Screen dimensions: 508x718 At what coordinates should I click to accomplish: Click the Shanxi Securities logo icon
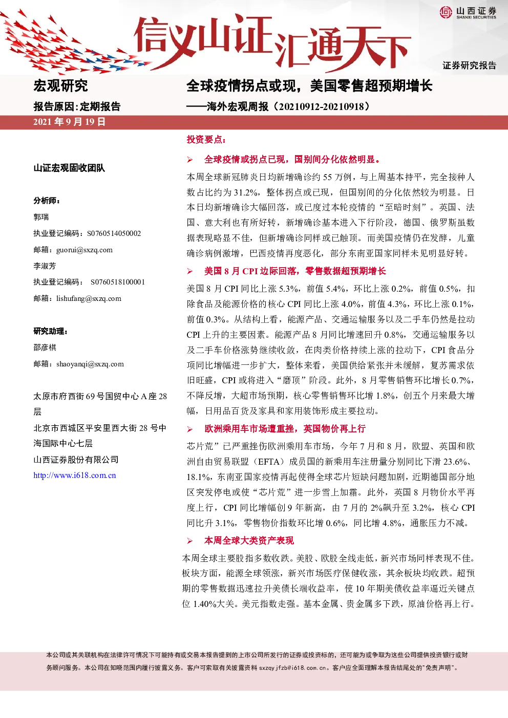point(446,12)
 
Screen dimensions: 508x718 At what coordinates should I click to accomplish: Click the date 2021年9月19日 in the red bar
point(69,122)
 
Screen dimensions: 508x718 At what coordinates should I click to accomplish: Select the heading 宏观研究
point(60,85)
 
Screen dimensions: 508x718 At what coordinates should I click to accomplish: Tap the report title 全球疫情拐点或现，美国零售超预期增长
point(309,85)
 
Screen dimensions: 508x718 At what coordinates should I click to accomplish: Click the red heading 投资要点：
point(206,139)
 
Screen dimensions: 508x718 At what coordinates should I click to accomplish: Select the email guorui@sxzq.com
point(84,250)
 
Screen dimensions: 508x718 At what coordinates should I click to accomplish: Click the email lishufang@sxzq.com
point(89,299)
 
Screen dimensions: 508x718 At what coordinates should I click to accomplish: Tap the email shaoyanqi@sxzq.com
point(90,364)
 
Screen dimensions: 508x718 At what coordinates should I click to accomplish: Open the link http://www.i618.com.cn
point(75,475)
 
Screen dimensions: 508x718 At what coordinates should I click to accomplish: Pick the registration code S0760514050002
point(114,233)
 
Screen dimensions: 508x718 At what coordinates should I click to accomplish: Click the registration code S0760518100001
point(118,282)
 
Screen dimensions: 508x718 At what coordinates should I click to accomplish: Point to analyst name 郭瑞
point(41,217)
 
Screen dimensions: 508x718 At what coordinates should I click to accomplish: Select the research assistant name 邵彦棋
point(45,347)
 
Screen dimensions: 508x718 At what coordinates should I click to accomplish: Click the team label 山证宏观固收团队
point(69,168)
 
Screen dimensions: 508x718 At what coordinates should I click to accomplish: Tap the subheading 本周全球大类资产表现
point(249,541)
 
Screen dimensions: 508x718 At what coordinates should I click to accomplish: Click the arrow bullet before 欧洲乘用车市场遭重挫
point(190,429)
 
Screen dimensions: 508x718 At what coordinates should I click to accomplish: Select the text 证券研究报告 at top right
point(469,66)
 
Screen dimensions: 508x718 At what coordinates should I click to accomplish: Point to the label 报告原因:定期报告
point(77,106)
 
